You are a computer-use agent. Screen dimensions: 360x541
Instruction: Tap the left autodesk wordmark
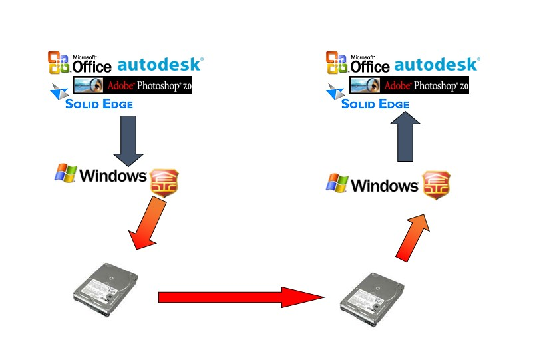pyautogui.click(x=160, y=65)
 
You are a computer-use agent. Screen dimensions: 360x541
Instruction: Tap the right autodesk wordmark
pyautogui.click(x=436, y=65)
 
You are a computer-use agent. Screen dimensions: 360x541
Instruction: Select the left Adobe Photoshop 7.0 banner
pyautogui.click(x=132, y=85)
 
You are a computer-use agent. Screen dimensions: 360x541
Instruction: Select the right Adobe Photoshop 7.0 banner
pyautogui.click(x=409, y=85)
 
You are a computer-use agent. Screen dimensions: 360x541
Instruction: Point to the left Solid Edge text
pyautogui.click(x=98, y=104)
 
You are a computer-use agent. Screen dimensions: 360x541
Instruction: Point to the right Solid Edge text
pyautogui.click(x=375, y=104)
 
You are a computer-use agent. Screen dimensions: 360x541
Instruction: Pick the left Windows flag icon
pyautogui.click(x=65, y=174)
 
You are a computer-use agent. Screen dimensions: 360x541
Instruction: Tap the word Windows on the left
pyautogui.click(x=112, y=176)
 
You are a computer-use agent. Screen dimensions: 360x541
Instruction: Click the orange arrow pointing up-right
pyautogui.click(x=413, y=237)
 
